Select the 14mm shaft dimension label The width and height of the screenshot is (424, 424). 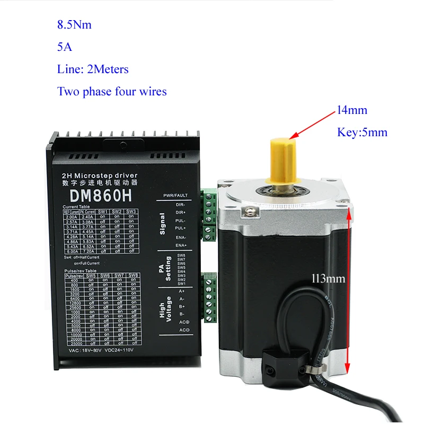click(x=352, y=110)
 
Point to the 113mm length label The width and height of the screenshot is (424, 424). click(x=329, y=278)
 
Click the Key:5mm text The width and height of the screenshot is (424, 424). click(x=363, y=132)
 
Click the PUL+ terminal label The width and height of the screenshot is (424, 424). click(x=181, y=228)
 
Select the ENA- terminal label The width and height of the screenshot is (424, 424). click(x=180, y=237)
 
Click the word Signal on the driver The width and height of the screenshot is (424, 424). click(x=162, y=224)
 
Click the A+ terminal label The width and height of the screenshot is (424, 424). click(x=181, y=290)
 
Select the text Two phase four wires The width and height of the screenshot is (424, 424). click(x=112, y=91)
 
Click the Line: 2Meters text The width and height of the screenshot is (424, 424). click(x=93, y=69)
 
